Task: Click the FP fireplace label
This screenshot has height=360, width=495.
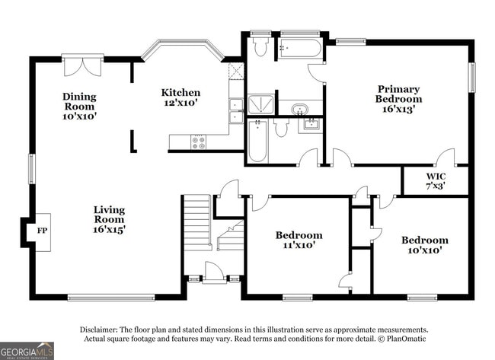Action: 43,231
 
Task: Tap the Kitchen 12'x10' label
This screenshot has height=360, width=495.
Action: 180,97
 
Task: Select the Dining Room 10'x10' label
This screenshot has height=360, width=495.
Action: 79,107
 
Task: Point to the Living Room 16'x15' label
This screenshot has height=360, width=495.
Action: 109,219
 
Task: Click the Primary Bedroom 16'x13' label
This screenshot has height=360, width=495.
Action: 398,99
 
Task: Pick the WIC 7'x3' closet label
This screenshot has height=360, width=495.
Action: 436,181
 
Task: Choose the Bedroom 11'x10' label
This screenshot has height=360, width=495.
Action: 299,240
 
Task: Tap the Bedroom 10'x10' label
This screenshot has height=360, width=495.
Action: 425,245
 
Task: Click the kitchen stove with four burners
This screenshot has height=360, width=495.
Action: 198,142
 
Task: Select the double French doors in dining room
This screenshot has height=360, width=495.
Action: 83,65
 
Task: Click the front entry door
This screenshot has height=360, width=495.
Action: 214,273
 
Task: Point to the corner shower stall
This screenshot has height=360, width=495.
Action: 260,105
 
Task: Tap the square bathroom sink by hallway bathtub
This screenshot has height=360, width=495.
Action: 311,123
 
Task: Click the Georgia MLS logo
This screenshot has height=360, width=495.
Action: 27,351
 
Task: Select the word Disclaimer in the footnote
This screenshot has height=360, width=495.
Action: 99,330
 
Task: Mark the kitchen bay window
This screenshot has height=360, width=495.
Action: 183,47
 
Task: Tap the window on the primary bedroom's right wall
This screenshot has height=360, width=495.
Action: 472,78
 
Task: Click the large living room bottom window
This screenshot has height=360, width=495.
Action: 111,298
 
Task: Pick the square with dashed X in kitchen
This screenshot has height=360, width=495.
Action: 236,72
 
